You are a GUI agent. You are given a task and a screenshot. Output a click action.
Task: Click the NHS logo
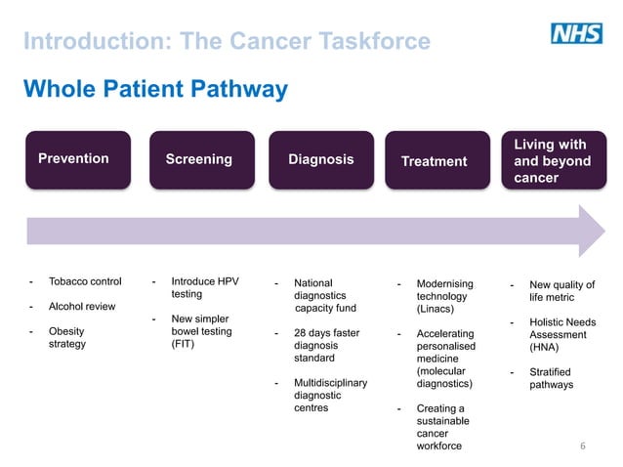pos(576,34)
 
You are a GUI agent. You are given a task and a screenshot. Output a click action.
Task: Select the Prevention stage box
pos(77,159)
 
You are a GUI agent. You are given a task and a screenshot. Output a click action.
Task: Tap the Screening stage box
pos(198,159)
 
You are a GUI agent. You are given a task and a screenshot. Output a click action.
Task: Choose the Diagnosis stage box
pos(320,159)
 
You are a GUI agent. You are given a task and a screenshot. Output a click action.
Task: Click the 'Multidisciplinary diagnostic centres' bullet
pos(329,396)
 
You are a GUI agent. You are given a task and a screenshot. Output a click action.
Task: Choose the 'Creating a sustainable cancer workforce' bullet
pos(440,427)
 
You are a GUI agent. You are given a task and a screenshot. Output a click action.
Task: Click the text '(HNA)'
pos(544,346)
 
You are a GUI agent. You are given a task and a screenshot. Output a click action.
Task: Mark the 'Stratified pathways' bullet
pos(551,378)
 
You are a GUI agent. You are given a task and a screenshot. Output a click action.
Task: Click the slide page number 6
pos(582,446)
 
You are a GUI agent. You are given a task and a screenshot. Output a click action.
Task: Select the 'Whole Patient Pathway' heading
pos(155,90)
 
